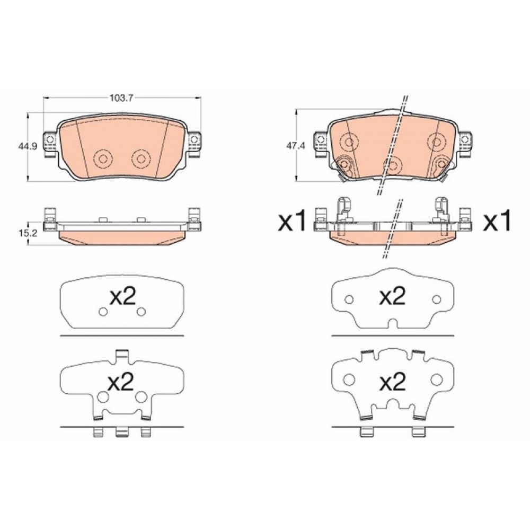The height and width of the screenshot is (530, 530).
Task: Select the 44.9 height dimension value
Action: [25, 146]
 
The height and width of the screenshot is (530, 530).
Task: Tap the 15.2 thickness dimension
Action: [25, 233]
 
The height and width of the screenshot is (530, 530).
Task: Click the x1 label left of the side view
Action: [291, 220]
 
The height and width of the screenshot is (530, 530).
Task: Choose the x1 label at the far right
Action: [497, 220]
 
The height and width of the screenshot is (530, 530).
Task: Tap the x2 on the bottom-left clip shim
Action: [121, 382]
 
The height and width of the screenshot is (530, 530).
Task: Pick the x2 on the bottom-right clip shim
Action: [392, 382]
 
